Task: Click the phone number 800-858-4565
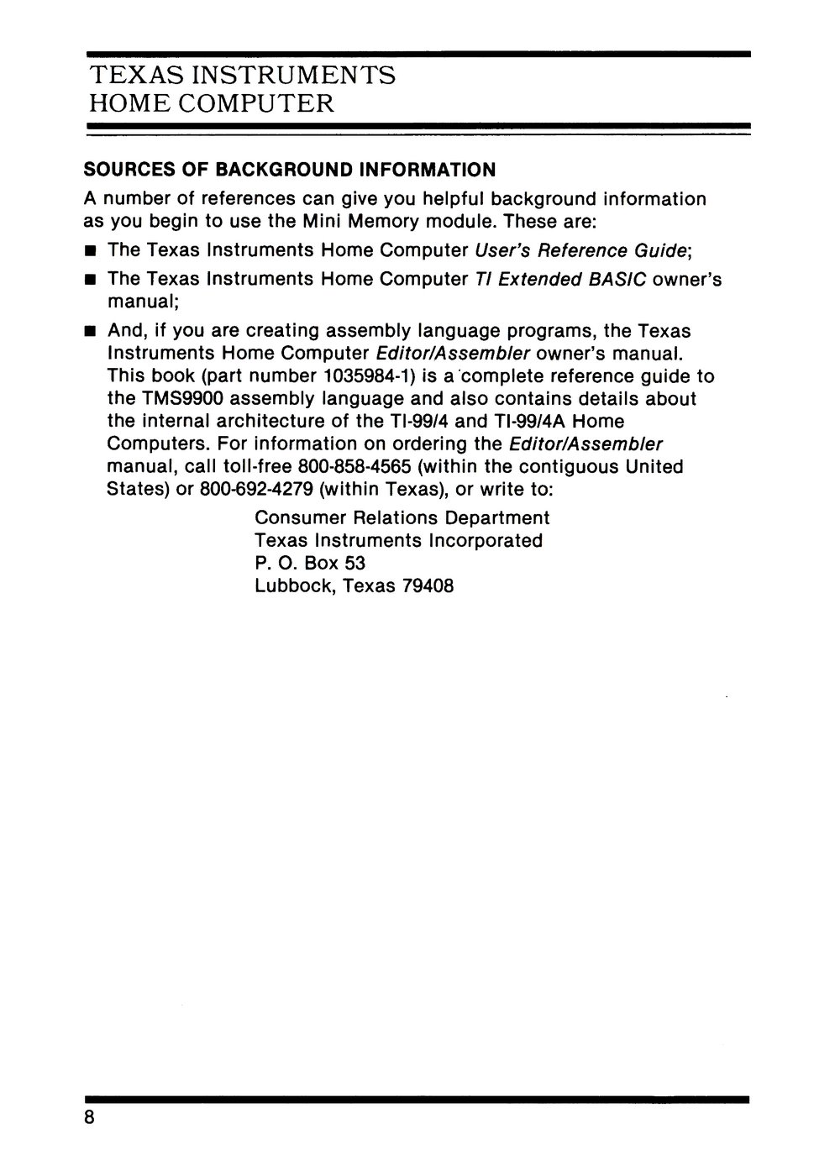[354, 466]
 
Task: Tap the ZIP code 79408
[427, 585]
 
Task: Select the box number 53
[354, 563]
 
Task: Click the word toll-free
[255, 466]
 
